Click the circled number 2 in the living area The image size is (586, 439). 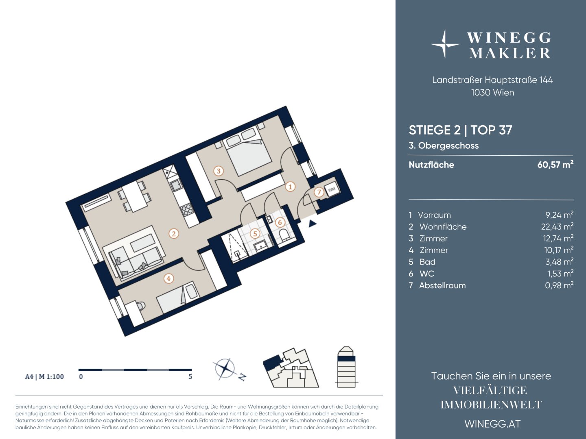coord(173,234)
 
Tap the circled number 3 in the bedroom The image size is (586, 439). coord(219,171)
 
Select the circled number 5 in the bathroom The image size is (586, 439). coord(255,234)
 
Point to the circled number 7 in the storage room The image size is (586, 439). coord(319,192)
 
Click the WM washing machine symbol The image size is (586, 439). coord(332,189)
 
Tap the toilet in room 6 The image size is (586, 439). coord(284,236)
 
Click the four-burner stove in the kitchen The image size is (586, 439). coord(187,209)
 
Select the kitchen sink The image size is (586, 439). coord(175,185)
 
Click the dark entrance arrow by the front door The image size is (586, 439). coord(313,224)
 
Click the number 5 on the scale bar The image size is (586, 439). coord(190,377)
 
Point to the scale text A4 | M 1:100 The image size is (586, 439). coord(44,377)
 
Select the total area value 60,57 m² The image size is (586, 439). coord(555,164)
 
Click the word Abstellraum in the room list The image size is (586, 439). coord(442,285)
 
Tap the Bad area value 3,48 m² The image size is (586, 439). coord(559,261)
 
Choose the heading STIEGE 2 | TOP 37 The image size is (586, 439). coord(461,130)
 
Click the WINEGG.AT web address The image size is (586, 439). coord(492,424)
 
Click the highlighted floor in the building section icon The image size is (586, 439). coord(346,358)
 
